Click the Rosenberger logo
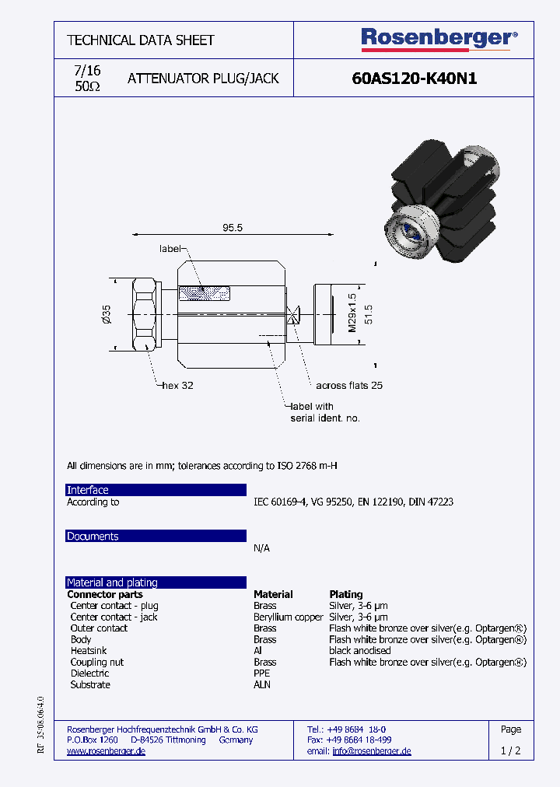point(439,39)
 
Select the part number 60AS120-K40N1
point(414,79)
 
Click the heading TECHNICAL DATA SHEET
point(141,40)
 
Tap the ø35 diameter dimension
point(107,315)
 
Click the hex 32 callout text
point(177,386)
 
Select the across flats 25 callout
point(349,386)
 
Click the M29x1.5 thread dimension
point(352,313)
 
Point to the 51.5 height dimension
point(370,314)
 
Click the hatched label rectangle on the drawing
point(205,293)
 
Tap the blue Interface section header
point(156,490)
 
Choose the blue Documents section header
point(156,537)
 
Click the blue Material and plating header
point(156,582)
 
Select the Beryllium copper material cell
point(288,617)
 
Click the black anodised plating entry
point(360,651)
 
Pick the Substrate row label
point(90,684)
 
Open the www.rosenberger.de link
point(106,751)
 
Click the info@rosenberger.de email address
point(371,751)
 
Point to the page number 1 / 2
point(511,751)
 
